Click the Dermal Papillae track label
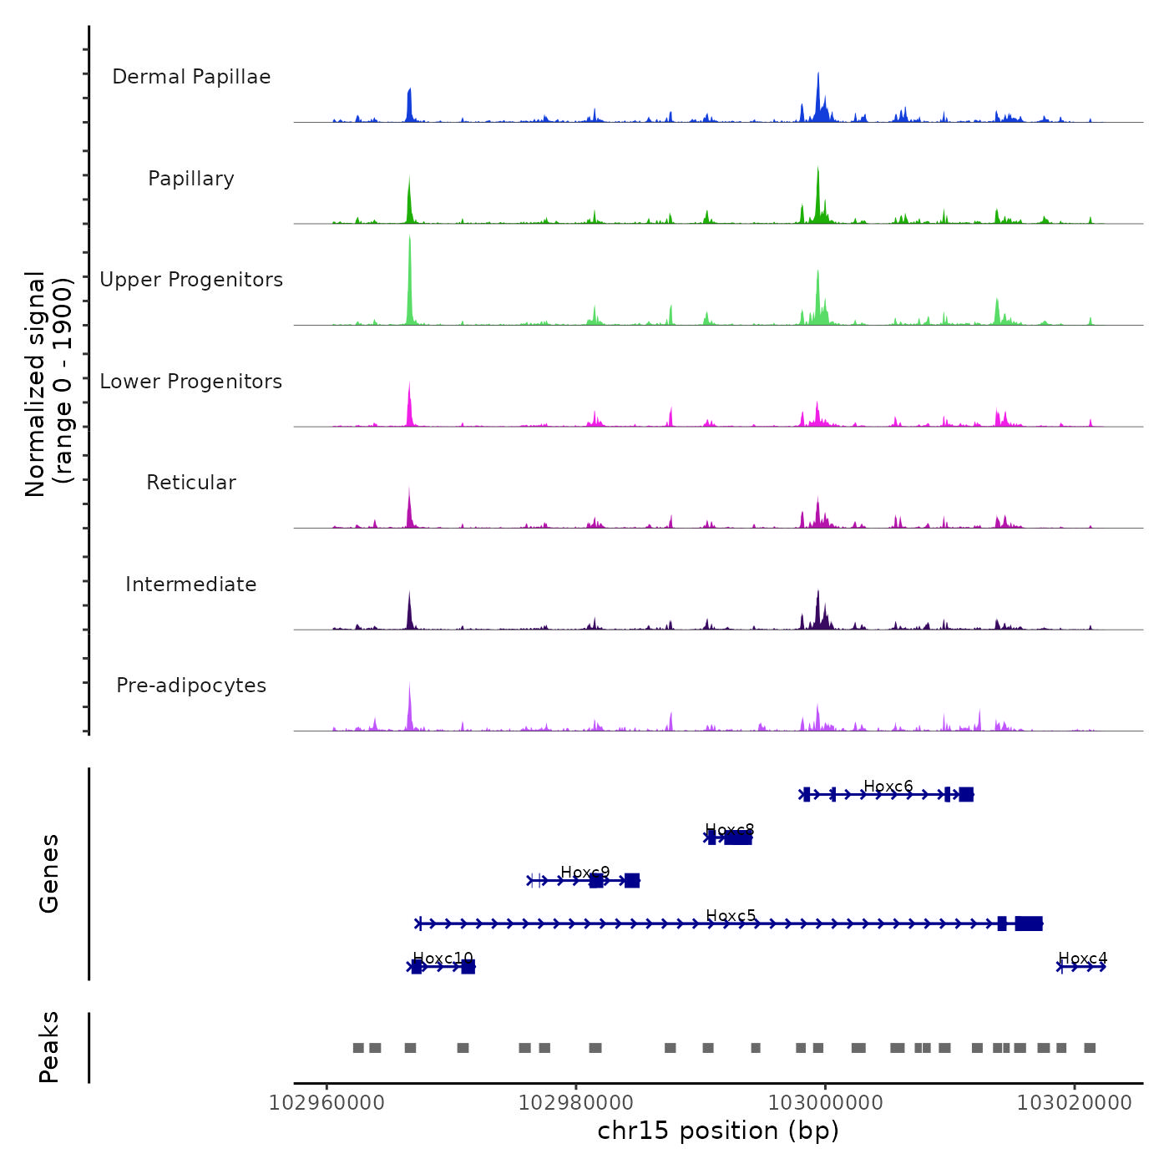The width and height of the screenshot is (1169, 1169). [191, 77]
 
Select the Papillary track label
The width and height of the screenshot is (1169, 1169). [191, 179]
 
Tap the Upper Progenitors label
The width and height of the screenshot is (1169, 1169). [191, 280]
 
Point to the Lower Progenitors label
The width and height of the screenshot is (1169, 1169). [191, 382]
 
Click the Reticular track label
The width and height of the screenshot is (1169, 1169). [191, 483]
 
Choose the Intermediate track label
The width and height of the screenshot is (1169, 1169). [191, 584]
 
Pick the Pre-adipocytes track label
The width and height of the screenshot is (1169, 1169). [191, 686]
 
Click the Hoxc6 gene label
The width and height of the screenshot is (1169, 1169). [888, 787]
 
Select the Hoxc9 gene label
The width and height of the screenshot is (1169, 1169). [585, 873]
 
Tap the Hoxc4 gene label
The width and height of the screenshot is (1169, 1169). [1083, 959]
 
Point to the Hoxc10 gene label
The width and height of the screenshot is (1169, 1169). [443, 959]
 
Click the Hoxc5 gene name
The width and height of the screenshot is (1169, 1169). [731, 916]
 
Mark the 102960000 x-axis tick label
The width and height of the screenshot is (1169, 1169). [326, 1103]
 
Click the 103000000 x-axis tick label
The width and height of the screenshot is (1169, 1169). [825, 1103]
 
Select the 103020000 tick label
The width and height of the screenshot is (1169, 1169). [1075, 1103]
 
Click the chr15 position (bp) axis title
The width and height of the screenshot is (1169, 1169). [718, 1131]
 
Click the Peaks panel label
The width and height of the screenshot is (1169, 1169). [49, 1047]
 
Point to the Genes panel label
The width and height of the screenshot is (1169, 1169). [49, 873]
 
